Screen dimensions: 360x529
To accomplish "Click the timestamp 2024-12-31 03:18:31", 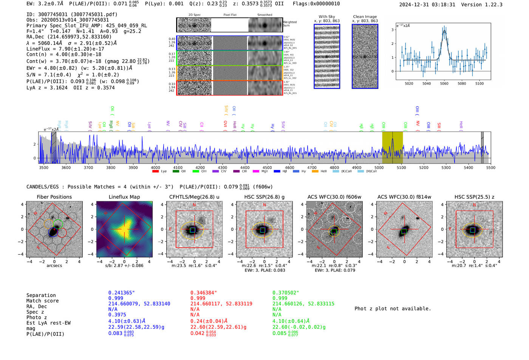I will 427,5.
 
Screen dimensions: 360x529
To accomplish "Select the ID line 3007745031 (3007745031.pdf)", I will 72,14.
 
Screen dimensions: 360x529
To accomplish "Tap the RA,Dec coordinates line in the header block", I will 69,37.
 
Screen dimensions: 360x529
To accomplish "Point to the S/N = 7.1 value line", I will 49,74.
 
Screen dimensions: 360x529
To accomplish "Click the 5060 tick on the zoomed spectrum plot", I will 444,83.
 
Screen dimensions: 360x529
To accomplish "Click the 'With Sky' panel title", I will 326,17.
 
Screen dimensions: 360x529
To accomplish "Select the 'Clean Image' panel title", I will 365,17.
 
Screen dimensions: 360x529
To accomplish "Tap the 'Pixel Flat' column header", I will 230,15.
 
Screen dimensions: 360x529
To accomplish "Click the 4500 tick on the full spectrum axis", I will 267,167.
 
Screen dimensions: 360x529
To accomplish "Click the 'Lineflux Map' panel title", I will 124,197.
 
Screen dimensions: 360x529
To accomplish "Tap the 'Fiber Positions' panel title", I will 54,197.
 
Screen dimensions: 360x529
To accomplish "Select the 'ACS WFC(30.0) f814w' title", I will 404,197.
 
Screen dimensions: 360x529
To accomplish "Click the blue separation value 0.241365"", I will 121,293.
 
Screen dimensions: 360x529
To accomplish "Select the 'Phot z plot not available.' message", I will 393,309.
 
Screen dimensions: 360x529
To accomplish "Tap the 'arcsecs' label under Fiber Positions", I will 54,266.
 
